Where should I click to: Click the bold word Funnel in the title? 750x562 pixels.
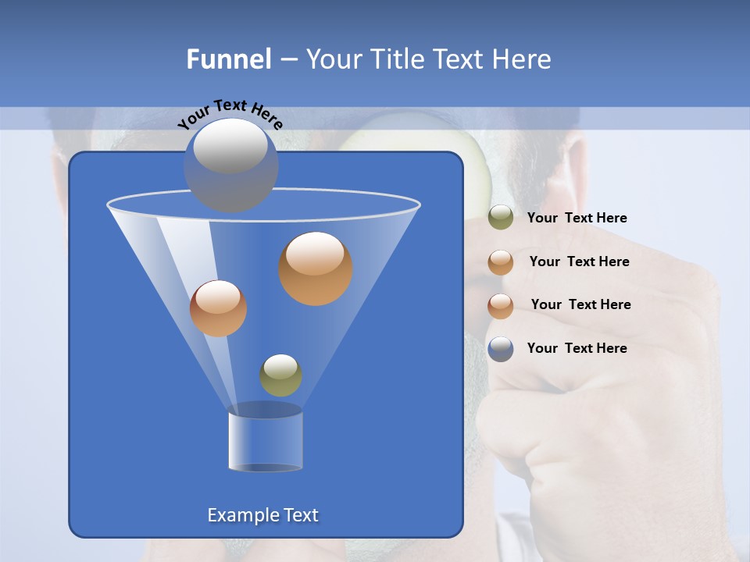click(228, 59)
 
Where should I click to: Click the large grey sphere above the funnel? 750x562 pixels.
click(230, 165)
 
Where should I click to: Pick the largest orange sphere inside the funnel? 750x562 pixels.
click(316, 268)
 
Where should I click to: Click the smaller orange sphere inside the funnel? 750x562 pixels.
click(218, 308)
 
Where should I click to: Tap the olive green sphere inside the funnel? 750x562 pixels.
click(280, 375)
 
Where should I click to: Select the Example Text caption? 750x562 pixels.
click(262, 515)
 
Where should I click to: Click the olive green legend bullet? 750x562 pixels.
click(501, 218)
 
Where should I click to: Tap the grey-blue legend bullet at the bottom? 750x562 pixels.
click(501, 349)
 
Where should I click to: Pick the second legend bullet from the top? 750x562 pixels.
click(501, 262)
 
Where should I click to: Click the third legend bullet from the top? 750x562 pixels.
click(501, 306)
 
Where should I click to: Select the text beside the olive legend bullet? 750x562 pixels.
click(577, 218)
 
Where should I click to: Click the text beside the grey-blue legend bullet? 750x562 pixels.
click(577, 348)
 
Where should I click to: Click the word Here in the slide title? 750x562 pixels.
click(523, 59)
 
